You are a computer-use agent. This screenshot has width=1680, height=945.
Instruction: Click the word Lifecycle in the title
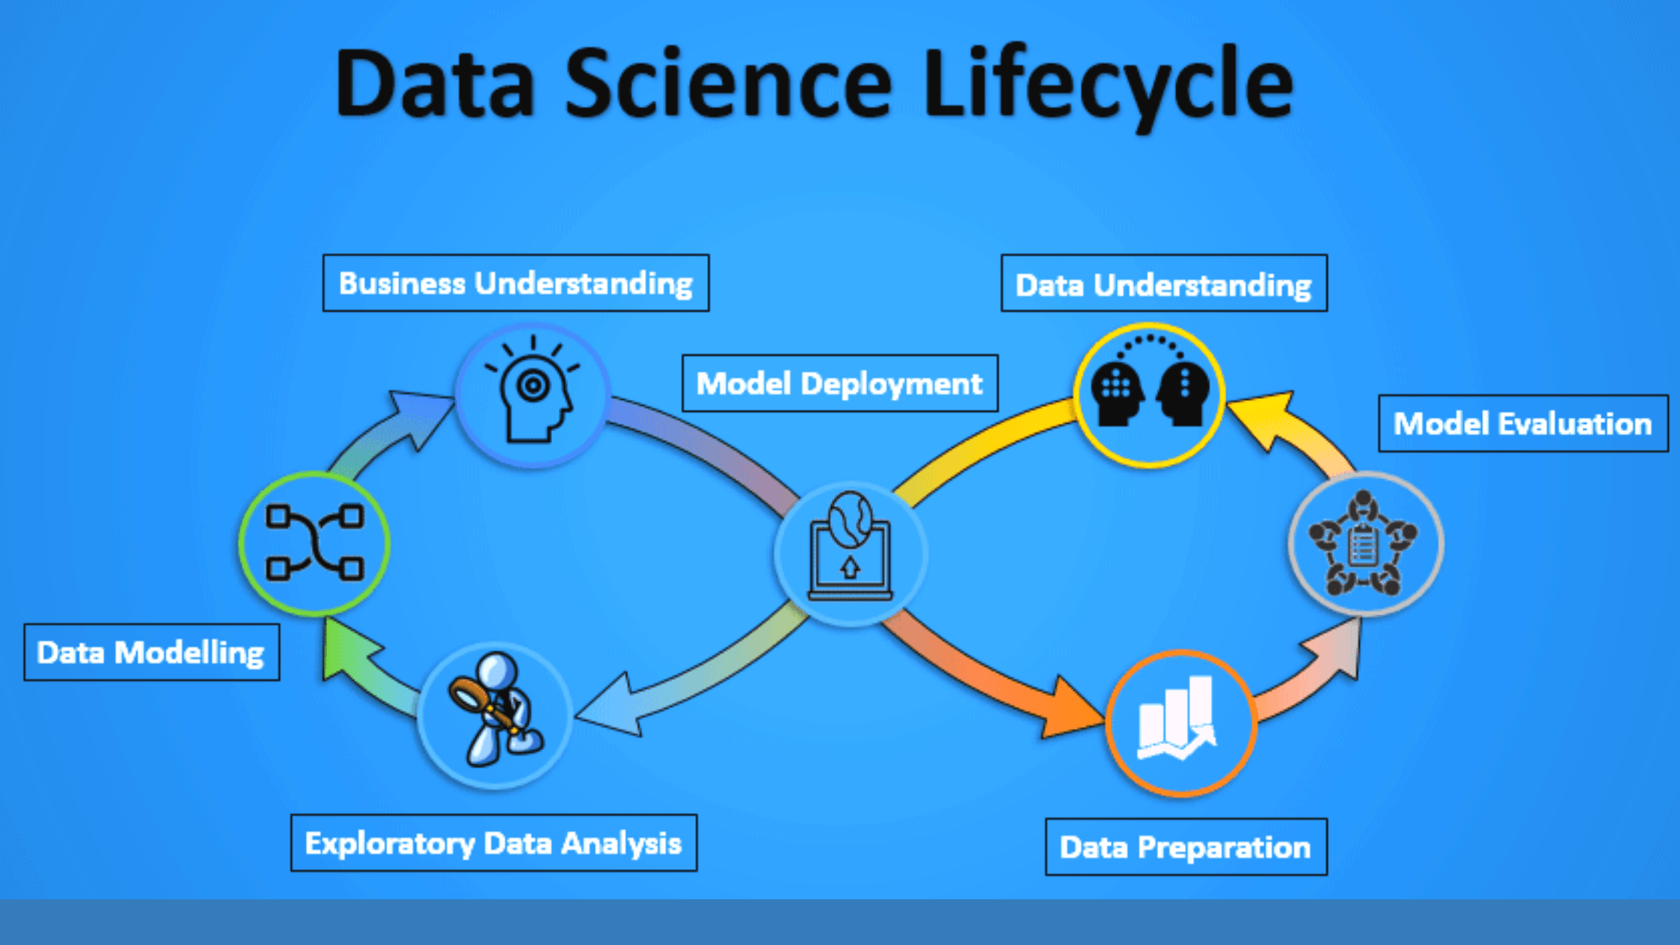point(1108,84)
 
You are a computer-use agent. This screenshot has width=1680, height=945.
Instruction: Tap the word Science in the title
point(727,84)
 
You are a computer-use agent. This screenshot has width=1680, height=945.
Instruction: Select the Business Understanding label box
point(516,283)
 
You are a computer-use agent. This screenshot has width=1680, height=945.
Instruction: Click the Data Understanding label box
point(1164,283)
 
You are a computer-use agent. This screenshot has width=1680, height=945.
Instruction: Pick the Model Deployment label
point(840,383)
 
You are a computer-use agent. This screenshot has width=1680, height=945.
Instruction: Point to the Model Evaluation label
point(1523,424)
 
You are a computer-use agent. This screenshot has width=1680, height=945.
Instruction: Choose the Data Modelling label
point(151,652)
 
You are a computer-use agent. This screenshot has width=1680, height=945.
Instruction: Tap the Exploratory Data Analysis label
point(493,843)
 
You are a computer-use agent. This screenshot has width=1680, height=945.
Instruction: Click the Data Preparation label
point(1186,847)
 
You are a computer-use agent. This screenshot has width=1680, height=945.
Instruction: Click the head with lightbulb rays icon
point(532,394)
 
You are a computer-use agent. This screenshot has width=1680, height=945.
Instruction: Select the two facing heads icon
point(1149,394)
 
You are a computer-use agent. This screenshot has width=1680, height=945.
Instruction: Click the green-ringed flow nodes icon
point(315,543)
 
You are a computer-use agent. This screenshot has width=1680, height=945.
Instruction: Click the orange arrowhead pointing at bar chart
point(1069,709)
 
